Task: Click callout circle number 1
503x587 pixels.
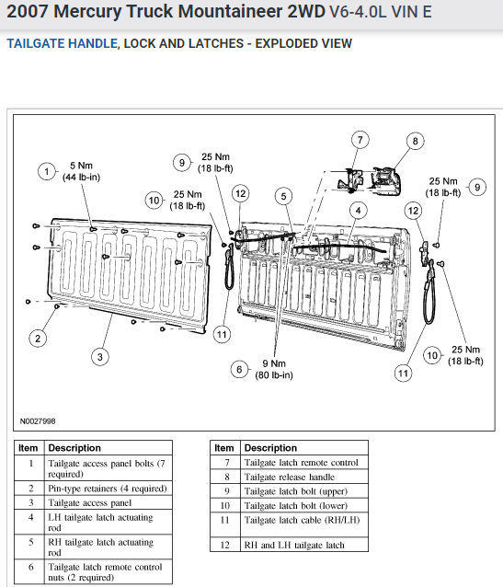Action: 47,172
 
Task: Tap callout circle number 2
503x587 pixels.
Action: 38,339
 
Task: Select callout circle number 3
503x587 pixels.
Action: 100,357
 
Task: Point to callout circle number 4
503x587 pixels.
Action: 358,211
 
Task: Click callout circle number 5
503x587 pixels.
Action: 283,196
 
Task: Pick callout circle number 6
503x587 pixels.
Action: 239,370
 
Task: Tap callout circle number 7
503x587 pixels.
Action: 360,140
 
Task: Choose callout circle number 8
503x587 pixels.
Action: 415,141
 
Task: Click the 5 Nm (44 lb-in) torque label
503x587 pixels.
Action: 81,171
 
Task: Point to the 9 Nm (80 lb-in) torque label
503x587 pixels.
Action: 274,369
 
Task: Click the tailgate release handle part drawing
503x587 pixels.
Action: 386,181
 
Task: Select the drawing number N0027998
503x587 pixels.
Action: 38,421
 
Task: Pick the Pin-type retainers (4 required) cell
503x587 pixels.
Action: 109,489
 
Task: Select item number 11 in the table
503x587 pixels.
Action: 224,520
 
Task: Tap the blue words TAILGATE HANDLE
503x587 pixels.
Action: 63,43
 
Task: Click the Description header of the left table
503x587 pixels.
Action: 74,448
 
